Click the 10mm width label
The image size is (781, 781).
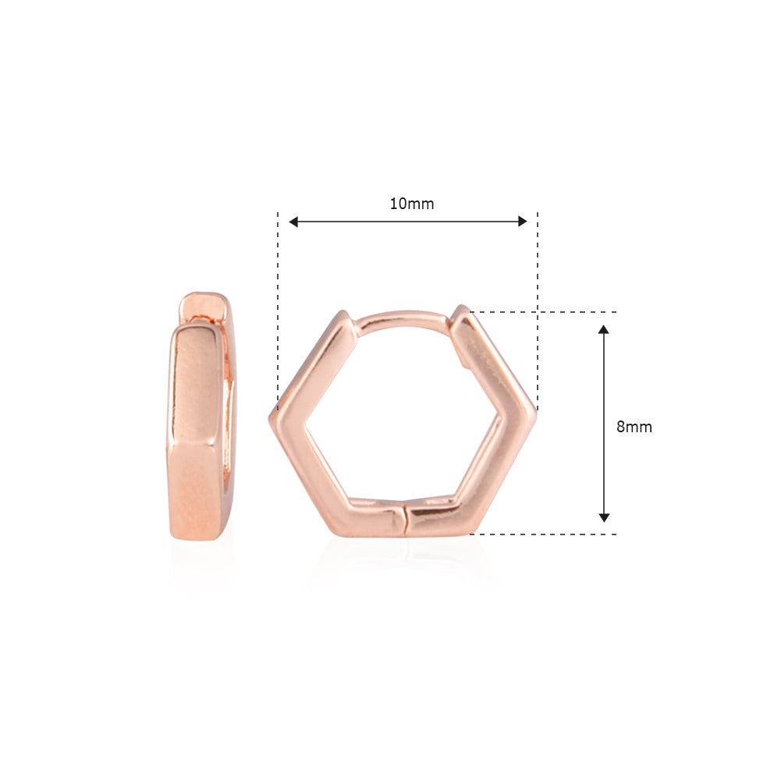point(412,204)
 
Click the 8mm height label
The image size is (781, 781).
point(634,427)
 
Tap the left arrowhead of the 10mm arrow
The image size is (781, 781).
point(294,222)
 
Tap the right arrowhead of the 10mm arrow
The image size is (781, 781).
point(522,222)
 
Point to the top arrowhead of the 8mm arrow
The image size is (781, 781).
point(603,330)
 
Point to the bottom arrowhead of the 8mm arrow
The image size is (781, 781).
point(603,517)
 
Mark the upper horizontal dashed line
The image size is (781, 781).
point(546,312)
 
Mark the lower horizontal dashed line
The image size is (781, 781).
point(546,534)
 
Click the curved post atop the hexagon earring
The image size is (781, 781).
point(402,317)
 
